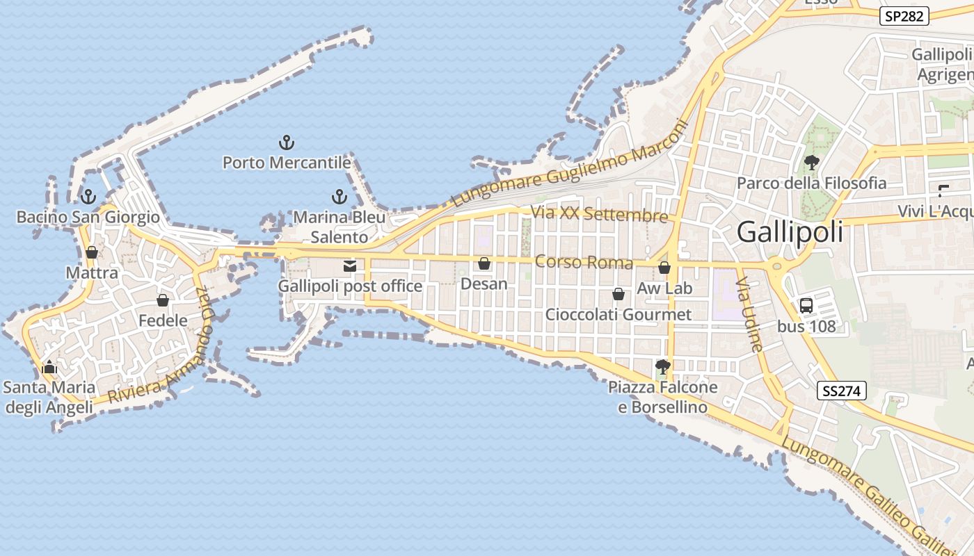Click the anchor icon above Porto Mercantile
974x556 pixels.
click(x=286, y=143)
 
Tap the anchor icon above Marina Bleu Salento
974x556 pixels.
click(x=339, y=197)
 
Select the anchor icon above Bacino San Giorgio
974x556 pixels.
click(x=88, y=197)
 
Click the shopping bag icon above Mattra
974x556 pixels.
click(x=91, y=252)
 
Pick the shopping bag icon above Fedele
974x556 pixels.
click(x=163, y=300)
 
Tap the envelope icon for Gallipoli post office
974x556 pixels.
click(x=349, y=266)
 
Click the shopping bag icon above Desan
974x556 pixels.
click(x=484, y=263)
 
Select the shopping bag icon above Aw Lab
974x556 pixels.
click(x=664, y=268)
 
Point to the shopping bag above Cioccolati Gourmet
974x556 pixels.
click(x=618, y=295)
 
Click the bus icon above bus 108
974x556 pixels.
click(x=806, y=305)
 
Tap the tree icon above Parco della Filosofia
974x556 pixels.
click(x=811, y=163)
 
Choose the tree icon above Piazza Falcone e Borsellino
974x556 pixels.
click(x=663, y=366)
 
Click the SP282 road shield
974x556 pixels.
click(x=904, y=16)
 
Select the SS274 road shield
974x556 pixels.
click(x=842, y=391)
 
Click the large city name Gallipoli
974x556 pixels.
click(x=790, y=231)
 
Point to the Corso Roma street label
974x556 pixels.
click(x=584, y=263)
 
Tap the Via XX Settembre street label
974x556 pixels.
click(x=599, y=213)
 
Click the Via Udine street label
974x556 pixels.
click(x=750, y=314)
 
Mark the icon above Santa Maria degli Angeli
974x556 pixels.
click(x=49, y=366)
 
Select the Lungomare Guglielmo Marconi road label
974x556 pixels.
click(x=569, y=164)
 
